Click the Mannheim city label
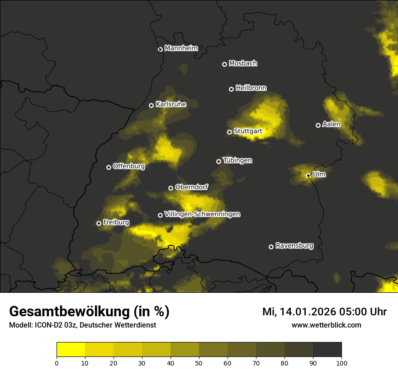181,48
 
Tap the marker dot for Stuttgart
229,132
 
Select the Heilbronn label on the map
251,88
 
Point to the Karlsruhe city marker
151,105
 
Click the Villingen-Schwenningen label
202,214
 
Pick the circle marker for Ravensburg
271,247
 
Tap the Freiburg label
116,222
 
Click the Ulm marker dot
308,175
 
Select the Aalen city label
331,124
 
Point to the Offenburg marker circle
109,167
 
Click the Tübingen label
237,160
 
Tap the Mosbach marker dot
224,65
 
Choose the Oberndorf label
191,187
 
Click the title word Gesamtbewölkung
70,312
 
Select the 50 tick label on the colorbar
199,363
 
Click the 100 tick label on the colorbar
341,363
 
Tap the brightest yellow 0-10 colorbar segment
71,350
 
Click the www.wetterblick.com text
326,325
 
